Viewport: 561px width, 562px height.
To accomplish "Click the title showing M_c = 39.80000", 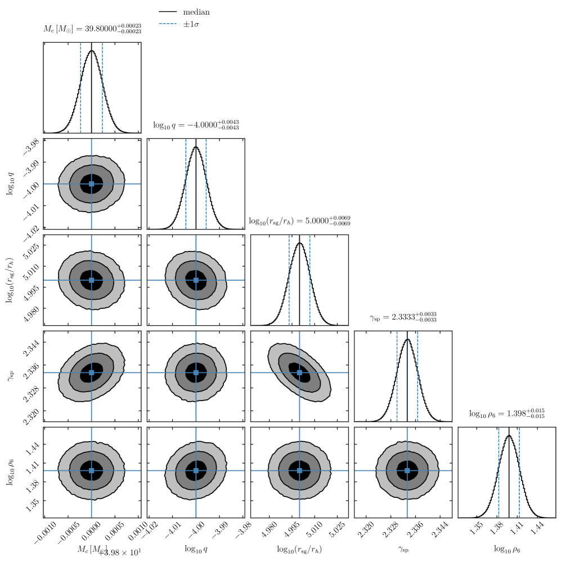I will tap(92, 29).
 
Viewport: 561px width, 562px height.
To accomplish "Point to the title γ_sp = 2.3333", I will tap(403, 318).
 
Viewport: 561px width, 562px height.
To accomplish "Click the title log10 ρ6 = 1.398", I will tap(506, 414).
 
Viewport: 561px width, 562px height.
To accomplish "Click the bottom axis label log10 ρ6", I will tap(506, 549).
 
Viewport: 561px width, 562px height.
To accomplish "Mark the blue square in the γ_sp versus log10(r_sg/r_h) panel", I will tap(299, 372).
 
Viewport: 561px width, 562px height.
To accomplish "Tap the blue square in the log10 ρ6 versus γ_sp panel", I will tap(407, 470).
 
